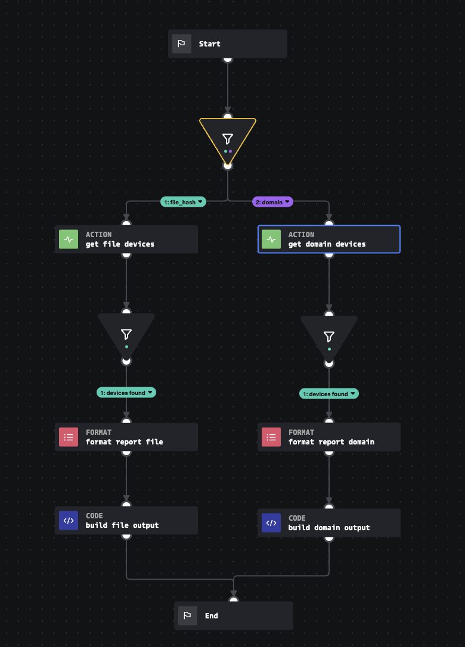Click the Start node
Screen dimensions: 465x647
[227, 44]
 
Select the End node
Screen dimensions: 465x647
[233, 615]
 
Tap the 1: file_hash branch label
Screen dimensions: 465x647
[183, 202]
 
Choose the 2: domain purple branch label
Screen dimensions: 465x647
[272, 202]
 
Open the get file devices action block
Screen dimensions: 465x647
[126, 239]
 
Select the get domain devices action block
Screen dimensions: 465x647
[328, 239]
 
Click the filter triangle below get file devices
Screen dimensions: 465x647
[126, 334]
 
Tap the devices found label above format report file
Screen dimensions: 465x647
[126, 393]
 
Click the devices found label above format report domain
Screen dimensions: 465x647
[329, 394]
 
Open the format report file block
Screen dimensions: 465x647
[126, 437]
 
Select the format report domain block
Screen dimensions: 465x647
[328, 437]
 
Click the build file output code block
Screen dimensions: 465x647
[126, 521]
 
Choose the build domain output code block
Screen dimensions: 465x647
[328, 523]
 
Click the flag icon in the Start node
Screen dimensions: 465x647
[182, 44]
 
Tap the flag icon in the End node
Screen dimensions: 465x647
[188, 615]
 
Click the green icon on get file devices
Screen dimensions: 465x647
[69, 239]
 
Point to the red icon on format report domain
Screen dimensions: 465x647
[271, 437]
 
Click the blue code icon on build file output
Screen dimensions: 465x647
[69, 521]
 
